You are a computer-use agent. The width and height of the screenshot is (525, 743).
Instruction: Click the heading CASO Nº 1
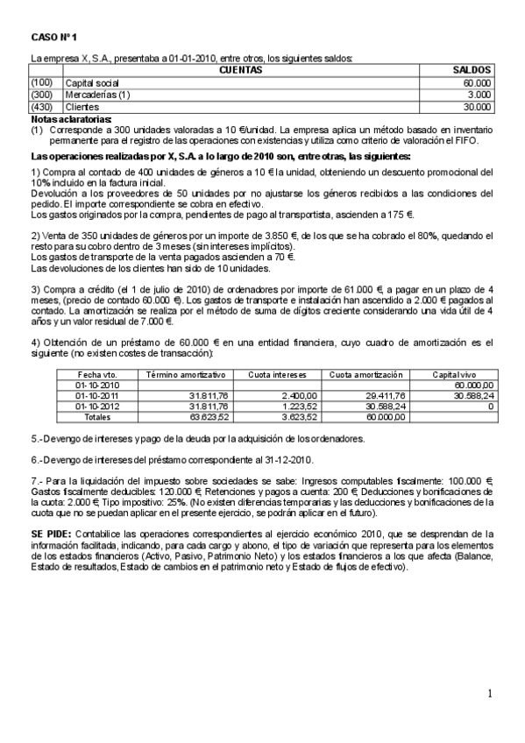click(x=54, y=37)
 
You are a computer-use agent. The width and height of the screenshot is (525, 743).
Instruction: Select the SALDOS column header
click(x=471, y=69)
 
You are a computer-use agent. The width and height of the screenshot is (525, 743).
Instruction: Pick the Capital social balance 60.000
click(x=477, y=81)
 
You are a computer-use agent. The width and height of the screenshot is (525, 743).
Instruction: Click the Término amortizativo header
click(x=185, y=374)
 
